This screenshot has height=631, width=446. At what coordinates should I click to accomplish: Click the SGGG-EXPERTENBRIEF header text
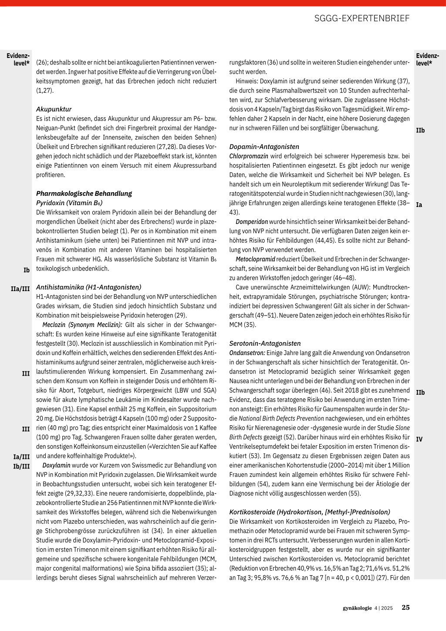362,18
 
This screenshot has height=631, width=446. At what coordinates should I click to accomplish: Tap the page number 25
405,607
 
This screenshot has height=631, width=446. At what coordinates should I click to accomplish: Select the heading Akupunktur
54,109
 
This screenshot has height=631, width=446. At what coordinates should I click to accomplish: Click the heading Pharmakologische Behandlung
84,193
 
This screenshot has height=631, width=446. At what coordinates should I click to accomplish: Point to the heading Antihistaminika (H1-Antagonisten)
88,287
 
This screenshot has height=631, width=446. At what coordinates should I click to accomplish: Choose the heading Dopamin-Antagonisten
264,147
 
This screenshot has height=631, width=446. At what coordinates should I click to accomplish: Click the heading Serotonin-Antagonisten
265,343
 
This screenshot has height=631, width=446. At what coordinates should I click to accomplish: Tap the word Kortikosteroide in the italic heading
252,512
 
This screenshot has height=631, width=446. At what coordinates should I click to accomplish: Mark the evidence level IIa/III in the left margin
20,289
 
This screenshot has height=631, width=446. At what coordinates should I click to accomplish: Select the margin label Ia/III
21,457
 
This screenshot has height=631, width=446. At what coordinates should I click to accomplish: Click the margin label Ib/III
21,466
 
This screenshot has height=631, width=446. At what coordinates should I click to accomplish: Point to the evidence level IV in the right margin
419,439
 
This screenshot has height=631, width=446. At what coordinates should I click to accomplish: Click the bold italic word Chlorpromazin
249,156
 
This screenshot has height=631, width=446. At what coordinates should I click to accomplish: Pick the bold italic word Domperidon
252,222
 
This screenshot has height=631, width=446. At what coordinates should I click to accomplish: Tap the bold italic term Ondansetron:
247,353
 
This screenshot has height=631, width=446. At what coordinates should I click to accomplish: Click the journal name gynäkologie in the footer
357,608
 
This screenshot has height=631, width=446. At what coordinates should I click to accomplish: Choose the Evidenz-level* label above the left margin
18,59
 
